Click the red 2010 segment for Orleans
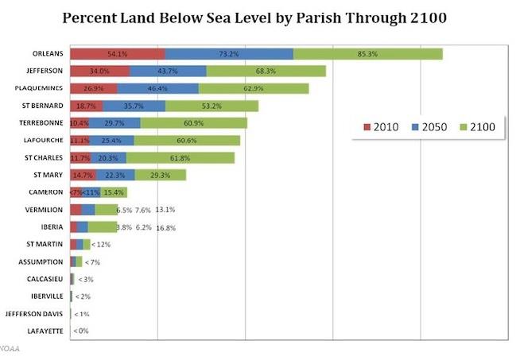pos(117,54)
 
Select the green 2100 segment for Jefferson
pos(266,71)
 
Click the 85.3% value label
pos(367,54)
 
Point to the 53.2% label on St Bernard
pos(211,106)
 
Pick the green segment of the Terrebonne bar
pos(193,123)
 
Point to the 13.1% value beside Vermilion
pos(165,210)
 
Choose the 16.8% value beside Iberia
pos(165,227)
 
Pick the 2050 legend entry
pos(430,127)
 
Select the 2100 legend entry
pos(478,127)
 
